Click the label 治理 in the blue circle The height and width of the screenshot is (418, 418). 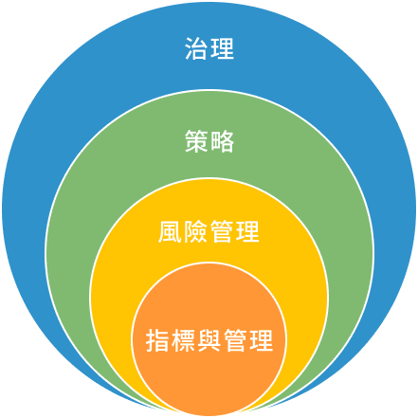click(x=209, y=48)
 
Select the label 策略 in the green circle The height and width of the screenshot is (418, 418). click(x=209, y=141)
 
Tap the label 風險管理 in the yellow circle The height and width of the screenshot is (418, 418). click(x=209, y=231)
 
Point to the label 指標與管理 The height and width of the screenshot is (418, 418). click(x=209, y=340)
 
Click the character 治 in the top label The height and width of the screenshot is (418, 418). click(x=196, y=48)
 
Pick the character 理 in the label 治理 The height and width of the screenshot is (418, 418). click(x=222, y=48)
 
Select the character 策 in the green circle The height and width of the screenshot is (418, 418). click(x=196, y=141)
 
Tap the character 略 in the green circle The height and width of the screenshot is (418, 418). click(x=222, y=141)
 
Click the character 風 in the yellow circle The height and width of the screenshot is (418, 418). click(x=171, y=231)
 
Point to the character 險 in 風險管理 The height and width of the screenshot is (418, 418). click(x=196, y=231)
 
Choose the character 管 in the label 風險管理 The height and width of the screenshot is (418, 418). click(x=222, y=231)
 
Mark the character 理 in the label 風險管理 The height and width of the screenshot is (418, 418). click(x=247, y=231)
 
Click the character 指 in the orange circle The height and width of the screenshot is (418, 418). click(x=157, y=340)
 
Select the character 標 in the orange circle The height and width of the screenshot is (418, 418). click(x=183, y=340)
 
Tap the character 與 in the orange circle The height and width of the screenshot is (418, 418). click(x=209, y=340)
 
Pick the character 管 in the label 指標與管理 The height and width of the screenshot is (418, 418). click(x=235, y=340)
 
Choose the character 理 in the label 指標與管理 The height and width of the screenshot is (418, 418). click(x=262, y=340)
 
